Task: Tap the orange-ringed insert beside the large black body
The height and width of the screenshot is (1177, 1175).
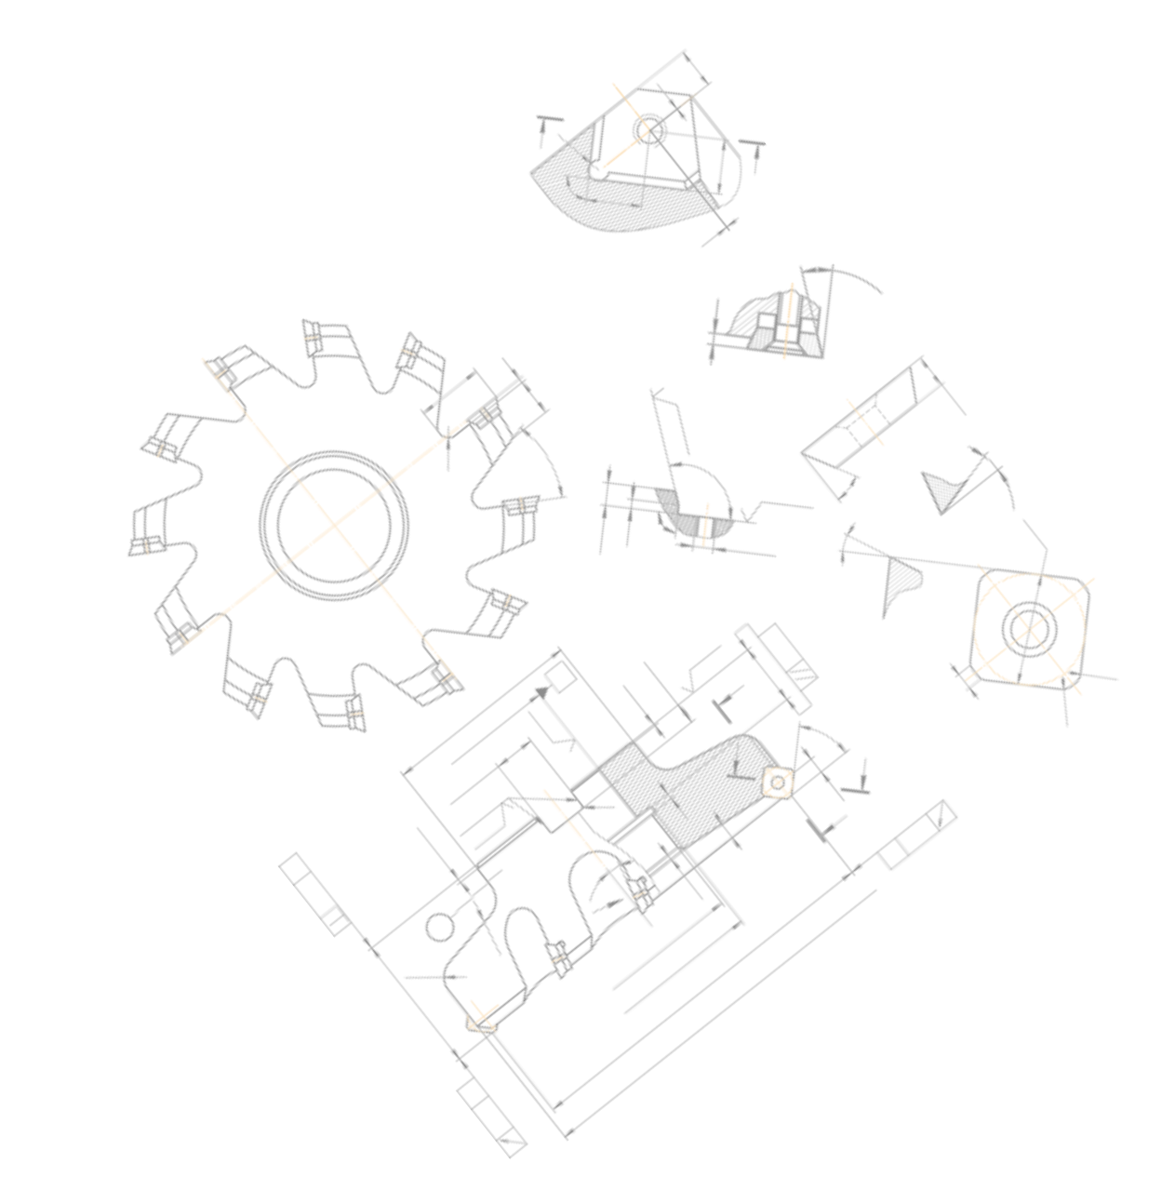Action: (x=778, y=783)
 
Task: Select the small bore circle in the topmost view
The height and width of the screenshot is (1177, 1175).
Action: (x=651, y=129)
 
